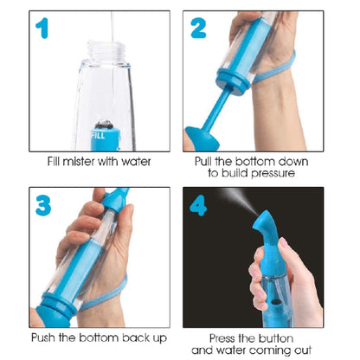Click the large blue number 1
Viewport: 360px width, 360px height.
coord(42,28)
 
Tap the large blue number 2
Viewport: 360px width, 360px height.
coord(198,28)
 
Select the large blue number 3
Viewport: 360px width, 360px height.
coord(43,205)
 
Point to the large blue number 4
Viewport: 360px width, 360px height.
coord(198,205)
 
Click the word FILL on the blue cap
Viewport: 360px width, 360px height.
coord(98,135)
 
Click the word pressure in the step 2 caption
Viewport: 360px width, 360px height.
coord(273,174)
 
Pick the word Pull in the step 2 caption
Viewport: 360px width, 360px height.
coord(203,161)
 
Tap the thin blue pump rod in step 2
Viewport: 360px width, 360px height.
coord(216,110)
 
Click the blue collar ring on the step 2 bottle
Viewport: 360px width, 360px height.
coord(233,80)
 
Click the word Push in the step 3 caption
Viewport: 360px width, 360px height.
coord(43,337)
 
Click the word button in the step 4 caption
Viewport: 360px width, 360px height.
coord(276,338)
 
